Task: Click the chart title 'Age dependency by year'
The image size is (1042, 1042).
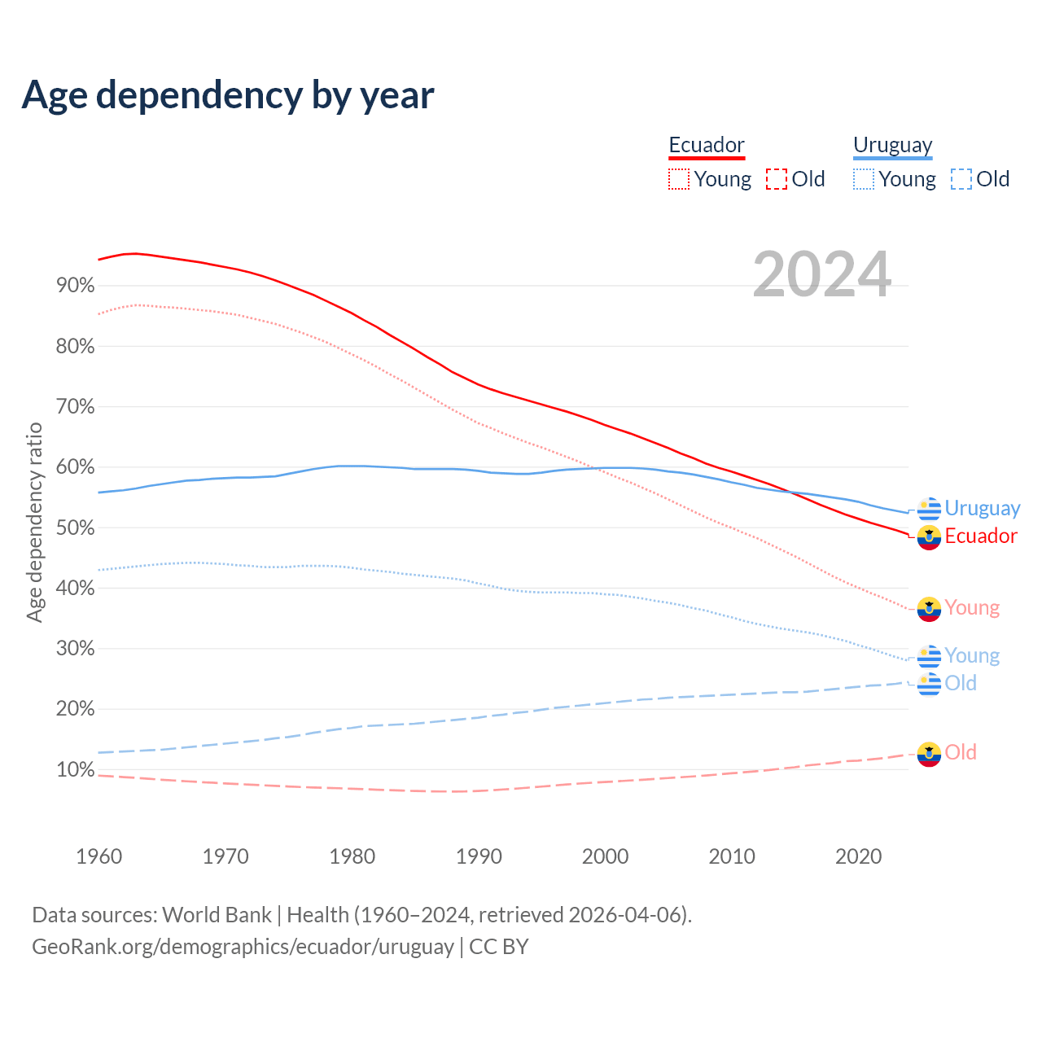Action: (228, 95)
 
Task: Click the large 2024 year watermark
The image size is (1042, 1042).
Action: (822, 275)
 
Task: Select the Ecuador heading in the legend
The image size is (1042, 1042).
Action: (707, 145)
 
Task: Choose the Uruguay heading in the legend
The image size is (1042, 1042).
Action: (892, 145)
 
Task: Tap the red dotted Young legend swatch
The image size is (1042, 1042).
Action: (679, 179)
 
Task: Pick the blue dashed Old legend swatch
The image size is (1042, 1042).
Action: (961, 179)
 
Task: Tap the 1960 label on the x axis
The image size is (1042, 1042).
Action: (99, 856)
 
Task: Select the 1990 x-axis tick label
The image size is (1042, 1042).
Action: (479, 856)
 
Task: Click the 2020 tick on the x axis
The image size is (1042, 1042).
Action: (859, 856)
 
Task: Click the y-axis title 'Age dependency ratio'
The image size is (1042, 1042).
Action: (34, 522)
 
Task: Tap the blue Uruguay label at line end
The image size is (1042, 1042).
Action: (982, 509)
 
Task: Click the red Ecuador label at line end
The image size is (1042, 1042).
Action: (981, 536)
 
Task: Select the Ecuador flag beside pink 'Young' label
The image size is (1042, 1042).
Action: (929, 609)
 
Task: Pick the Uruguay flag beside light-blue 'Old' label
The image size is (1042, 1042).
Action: (929, 684)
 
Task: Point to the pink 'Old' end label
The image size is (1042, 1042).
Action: (961, 753)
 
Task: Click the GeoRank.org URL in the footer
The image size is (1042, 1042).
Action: (243, 947)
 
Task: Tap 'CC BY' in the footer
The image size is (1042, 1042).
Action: (499, 947)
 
